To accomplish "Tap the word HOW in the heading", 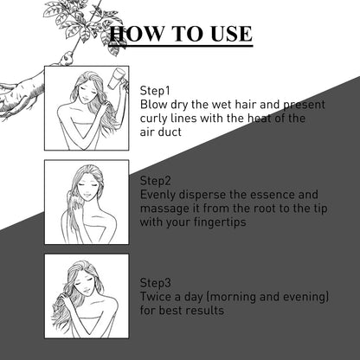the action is tap(136, 34).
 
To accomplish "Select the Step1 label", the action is tap(155, 91).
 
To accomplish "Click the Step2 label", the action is tap(156, 181).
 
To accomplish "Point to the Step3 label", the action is tap(156, 283).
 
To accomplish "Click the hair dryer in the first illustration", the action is tap(117, 77).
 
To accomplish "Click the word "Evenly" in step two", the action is tap(157, 195).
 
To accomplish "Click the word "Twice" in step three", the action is tap(156, 297).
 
